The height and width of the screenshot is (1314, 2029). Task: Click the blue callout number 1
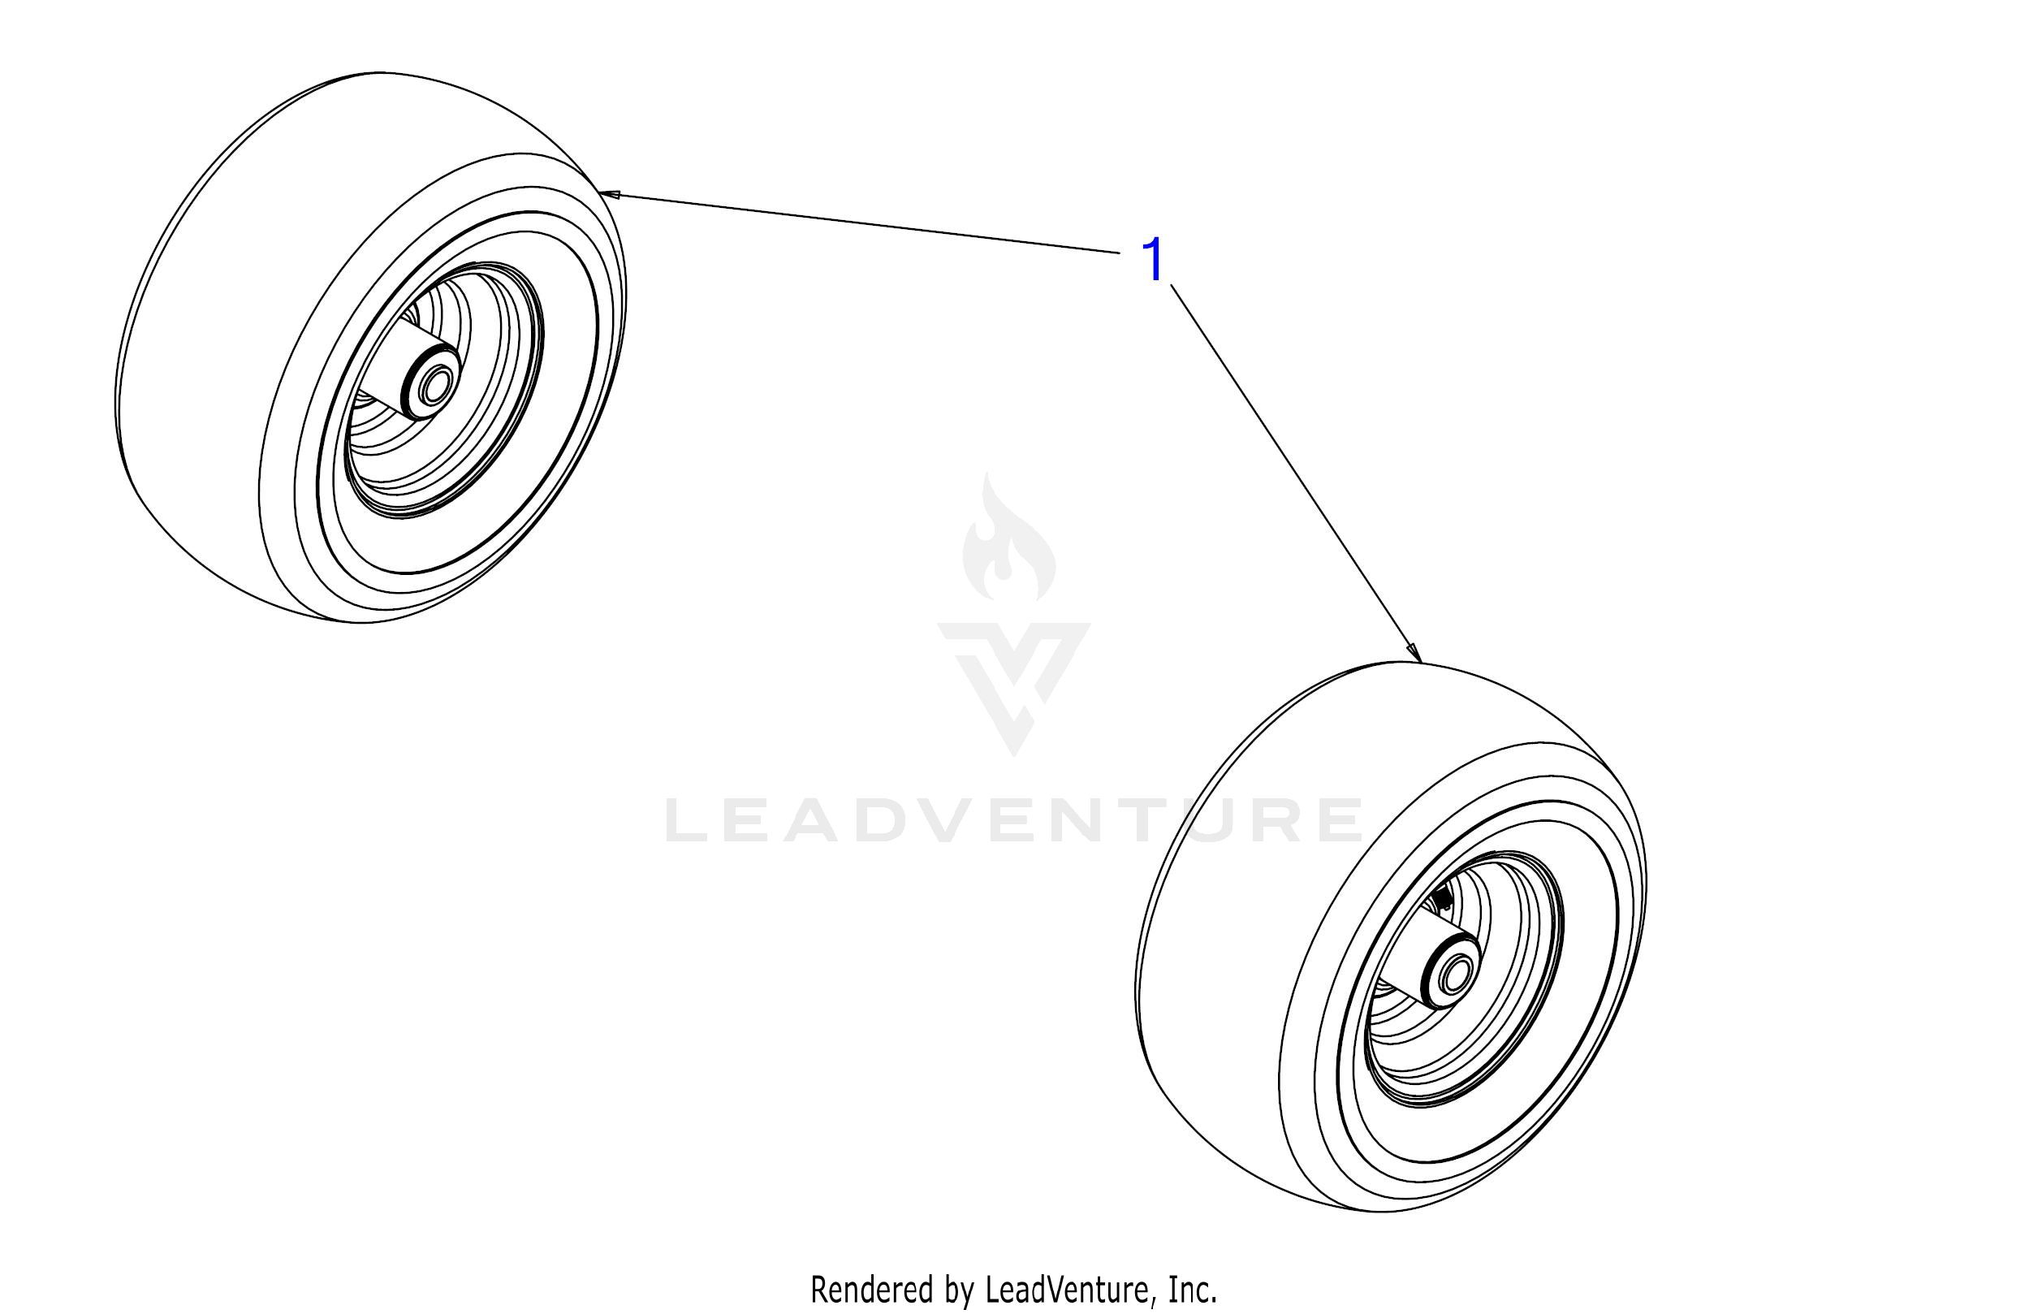[x=1153, y=262]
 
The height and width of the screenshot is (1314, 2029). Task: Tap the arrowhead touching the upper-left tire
[x=609, y=195]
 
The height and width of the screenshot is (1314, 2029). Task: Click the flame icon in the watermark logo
[x=1008, y=546]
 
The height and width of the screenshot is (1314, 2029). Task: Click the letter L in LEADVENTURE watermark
[x=687, y=820]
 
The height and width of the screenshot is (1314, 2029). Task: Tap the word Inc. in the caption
[x=1192, y=1290]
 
